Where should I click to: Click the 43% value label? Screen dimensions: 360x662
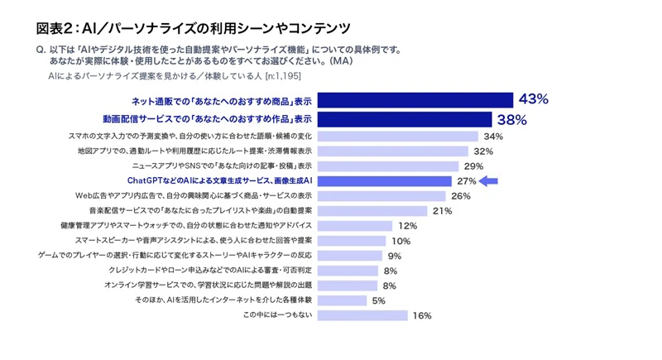(x=533, y=99)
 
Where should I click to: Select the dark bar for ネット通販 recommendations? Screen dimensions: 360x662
(x=414, y=100)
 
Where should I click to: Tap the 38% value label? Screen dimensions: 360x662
(x=511, y=119)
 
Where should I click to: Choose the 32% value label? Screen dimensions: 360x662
(x=483, y=151)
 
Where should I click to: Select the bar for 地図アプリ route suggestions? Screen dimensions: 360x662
(x=392, y=151)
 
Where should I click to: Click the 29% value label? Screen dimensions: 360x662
(x=473, y=166)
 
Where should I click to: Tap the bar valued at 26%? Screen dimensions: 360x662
(x=381, y=196)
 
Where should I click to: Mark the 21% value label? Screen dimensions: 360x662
(x=442, y=211)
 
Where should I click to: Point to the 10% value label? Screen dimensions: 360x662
(x=401, y=241)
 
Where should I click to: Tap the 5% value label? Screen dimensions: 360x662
(x=379, y=300)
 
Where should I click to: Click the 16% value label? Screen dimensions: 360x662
(x=422, y=315)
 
